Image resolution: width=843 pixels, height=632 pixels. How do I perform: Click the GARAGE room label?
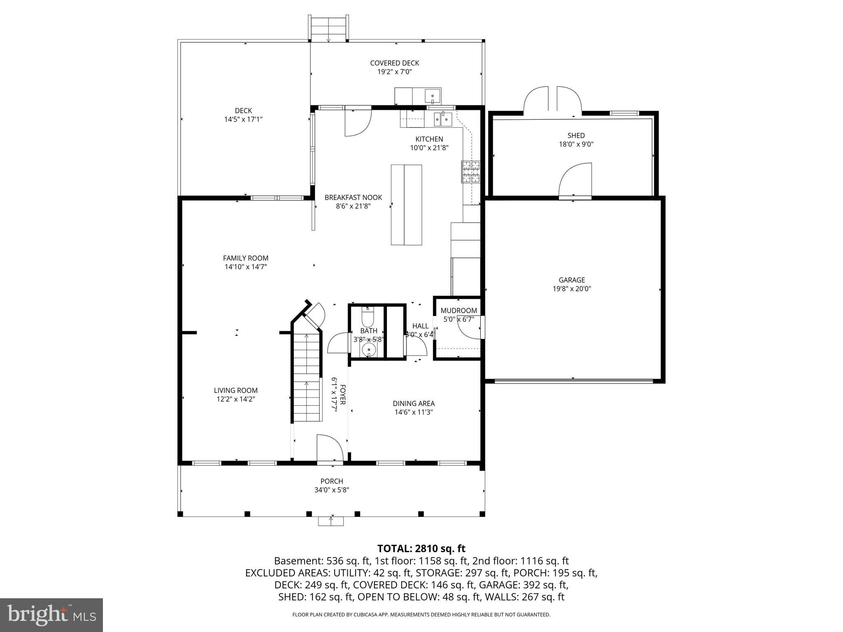[x=572, y=280]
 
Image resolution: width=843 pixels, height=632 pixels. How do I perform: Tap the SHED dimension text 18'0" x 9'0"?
[x=576, y=144]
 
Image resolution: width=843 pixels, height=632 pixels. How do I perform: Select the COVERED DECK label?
[x=394, y=63]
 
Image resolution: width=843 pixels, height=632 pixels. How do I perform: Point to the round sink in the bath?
[x=368, y=350]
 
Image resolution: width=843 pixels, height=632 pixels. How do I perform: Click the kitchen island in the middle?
[x=406, y=205]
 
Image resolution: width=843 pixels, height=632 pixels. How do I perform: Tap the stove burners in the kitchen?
[x=471, y=172]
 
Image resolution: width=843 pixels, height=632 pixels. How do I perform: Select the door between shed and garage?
[x=575, y=181]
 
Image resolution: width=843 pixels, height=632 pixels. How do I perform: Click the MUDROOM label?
[x=459, y=311]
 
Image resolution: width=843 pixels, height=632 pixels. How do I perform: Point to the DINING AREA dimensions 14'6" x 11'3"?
[x=413, y=412]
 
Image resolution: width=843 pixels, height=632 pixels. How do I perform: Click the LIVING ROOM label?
[x=235, y=390]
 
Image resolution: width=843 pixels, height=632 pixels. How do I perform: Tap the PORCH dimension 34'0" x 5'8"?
[x=332, y=490]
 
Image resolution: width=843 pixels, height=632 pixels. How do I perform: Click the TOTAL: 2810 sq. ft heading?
[x=421, y=548]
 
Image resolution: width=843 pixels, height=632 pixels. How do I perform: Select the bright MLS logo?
[x=51, y=615]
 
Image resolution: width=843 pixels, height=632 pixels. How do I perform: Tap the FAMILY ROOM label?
[x=246, y=258]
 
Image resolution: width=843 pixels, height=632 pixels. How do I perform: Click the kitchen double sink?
[x=442, y=120]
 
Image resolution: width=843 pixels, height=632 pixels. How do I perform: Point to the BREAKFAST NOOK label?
[x=353, y=197]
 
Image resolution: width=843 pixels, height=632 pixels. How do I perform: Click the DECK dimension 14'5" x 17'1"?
[x=243, y=119]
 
